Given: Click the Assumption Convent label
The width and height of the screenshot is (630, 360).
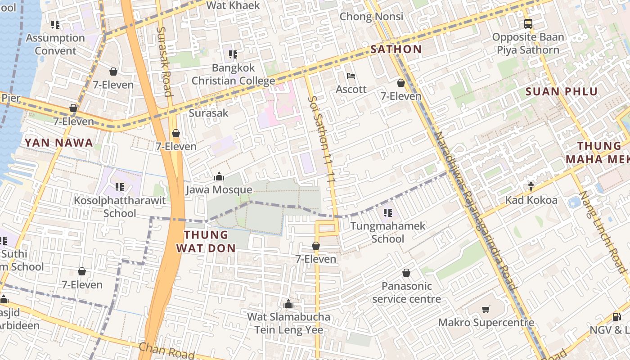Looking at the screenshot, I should click(55, 44).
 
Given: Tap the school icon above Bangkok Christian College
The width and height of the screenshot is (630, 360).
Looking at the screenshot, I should click(233, 54).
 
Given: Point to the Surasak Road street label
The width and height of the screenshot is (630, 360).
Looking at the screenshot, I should click(164, 61).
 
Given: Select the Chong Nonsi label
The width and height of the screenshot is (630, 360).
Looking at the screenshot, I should click(371, 17).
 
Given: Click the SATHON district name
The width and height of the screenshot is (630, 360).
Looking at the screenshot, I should click(396, 49).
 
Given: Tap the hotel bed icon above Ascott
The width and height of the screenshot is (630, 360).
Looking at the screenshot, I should click(351, 76).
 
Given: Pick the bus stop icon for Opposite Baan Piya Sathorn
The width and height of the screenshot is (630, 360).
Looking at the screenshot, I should click(528, 24).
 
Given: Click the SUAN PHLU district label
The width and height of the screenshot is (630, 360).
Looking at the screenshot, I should click(562, 91).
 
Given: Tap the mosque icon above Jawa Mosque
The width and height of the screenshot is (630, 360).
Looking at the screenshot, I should click(219, 176).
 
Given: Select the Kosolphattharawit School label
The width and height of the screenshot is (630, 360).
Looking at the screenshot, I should click(120, 207).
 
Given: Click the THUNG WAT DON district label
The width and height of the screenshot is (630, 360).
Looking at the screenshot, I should click(206, 241).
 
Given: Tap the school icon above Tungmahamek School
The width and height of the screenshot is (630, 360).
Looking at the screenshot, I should click(387, 212).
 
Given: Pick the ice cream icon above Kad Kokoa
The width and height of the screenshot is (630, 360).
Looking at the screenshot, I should click(531, 186).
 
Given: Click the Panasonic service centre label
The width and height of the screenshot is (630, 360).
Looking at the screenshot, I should click(406, 292).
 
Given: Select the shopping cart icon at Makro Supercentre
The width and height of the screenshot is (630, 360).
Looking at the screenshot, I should click(486, 309).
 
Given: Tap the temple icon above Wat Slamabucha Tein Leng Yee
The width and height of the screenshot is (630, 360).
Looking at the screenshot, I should click(288, 304).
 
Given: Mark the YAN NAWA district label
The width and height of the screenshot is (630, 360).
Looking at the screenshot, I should click(58, 143).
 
